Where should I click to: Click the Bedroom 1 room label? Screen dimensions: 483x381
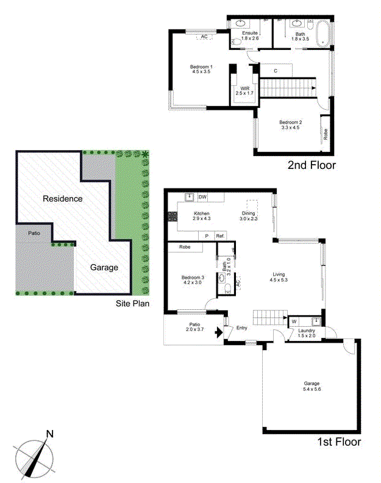pos(201,66)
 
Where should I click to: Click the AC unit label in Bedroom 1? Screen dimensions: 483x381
pos(204,37)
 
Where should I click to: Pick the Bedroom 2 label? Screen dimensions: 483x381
pos(291,122)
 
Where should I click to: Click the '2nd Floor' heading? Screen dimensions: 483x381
pos(311,165)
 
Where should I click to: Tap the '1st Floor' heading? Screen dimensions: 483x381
pos(338,442)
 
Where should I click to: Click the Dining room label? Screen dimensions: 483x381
pos(249,213)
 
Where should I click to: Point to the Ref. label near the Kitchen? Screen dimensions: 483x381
pos(220,236)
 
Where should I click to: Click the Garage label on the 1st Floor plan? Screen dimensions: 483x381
pos(312,385)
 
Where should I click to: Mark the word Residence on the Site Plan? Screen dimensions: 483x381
pos(62,199)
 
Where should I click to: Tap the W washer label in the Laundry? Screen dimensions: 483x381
pos(294,321)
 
